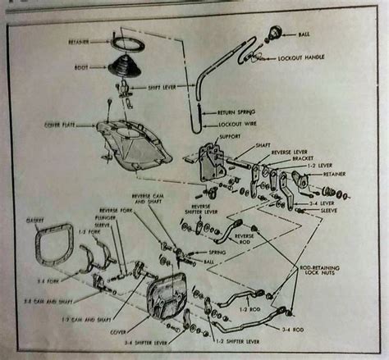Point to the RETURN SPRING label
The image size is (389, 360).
click(x=238, y=112)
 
